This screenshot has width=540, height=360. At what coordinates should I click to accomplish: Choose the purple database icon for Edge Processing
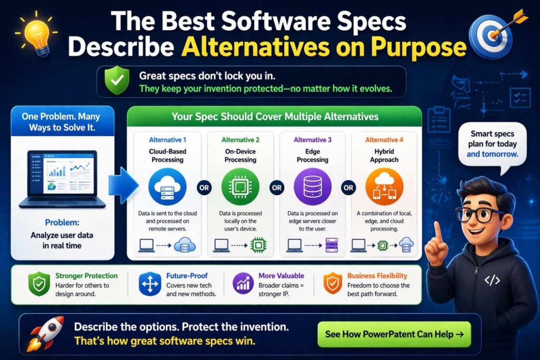click(x=313, y=186)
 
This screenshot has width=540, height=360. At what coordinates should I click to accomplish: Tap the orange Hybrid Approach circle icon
click(x=384, y=186)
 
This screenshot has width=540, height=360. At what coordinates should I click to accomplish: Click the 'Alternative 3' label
click(x=313, y=140)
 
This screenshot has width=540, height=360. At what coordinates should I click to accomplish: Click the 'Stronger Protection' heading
click(x=86, y=276)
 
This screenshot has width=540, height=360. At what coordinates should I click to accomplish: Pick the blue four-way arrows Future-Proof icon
click(x=149, y=285)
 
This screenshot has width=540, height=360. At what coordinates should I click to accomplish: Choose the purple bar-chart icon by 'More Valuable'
click(x=242, y=285)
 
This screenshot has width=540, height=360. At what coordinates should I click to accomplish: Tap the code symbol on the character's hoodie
click(x=492, y=280)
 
